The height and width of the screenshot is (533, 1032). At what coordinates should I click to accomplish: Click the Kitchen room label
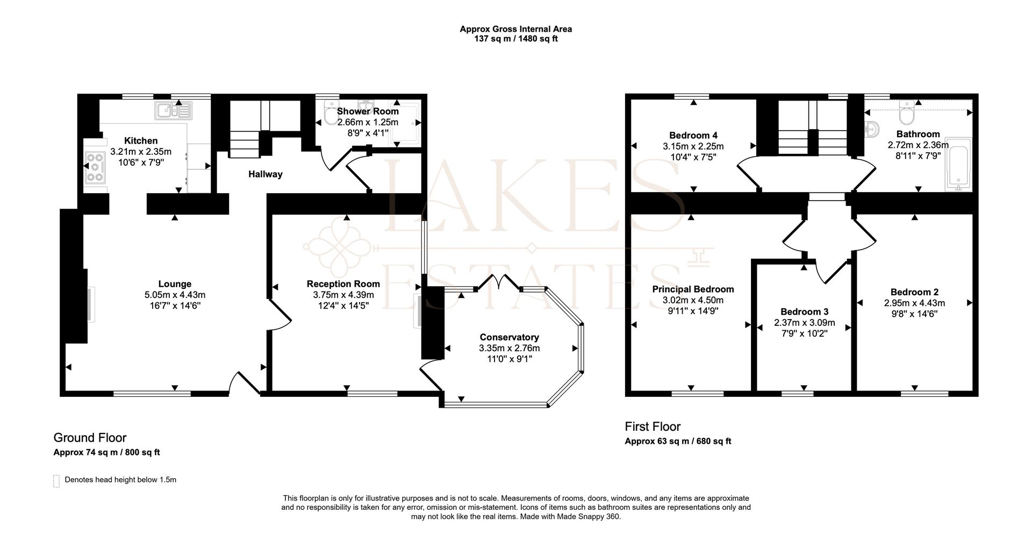click(141, 141)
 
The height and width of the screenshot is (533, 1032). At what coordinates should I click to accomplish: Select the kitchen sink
click(173, 111)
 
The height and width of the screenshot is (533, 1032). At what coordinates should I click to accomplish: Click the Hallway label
click(265, 174)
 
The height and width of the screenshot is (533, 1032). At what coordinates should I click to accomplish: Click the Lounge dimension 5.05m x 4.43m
click(175, 295)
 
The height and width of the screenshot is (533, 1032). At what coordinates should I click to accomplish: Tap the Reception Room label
click(343, 284)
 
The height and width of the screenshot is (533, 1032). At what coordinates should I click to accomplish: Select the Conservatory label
click(510, 337)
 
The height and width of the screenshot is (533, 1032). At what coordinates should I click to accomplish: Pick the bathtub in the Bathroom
click(958, 164)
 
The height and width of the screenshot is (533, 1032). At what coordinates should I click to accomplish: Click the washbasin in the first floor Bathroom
click(872, 129)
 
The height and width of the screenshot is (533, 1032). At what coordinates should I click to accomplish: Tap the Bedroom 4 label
click(693, 136)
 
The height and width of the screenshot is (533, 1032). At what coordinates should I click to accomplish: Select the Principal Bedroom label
click(693, 289)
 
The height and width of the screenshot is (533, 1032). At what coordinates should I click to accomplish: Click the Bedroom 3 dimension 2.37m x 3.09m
click(805, 323)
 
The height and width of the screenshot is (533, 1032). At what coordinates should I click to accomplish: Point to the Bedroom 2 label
click(914, 292)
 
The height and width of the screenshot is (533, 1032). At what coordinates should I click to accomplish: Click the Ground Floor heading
click(90, 438)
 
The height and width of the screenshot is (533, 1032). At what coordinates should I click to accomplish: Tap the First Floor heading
click(653, 427)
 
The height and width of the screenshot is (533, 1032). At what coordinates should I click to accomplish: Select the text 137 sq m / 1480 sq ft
click(516, 39)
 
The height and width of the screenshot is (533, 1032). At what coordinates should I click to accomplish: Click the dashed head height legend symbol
click(56, 481)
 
